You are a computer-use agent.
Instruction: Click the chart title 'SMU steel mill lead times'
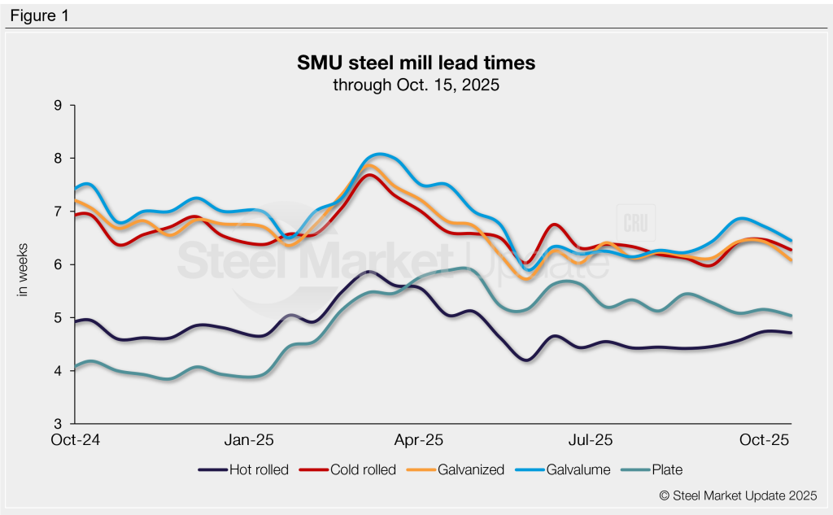[x=416, y=63]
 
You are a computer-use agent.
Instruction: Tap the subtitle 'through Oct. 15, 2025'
[x=416, y=84]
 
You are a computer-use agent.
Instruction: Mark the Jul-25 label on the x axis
[x=590, y=440]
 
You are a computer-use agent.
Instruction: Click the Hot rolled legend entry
[x=244, y=469]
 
